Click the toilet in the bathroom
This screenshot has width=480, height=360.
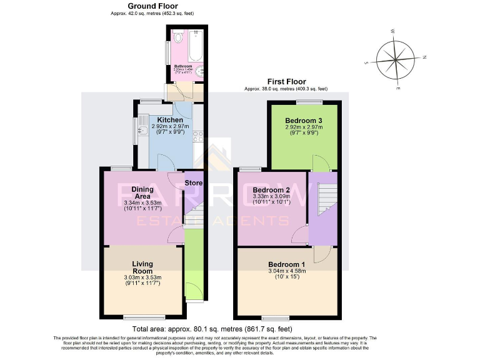[179, 39]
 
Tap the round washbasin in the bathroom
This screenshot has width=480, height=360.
[200, 72]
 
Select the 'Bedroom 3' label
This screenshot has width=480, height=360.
[304, 120]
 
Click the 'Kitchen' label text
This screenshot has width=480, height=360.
[170, 119]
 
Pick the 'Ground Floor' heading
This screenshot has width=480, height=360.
[148, 6]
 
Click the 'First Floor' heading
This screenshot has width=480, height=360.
[286, 81]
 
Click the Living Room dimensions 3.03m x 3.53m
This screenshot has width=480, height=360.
[142, 277]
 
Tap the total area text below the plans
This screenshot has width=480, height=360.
[212, 329]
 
